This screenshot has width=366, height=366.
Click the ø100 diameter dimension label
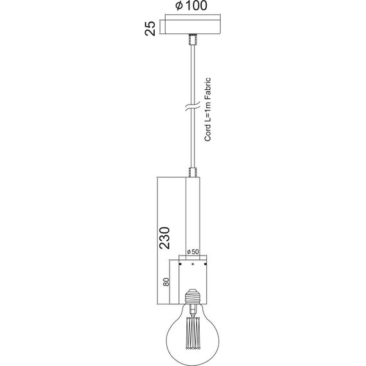pos(191,6)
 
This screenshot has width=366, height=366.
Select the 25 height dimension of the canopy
pos(150,28)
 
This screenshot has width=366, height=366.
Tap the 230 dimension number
pos(164,238)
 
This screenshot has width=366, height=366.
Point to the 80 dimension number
pos(166,282)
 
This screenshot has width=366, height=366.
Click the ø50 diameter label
pos(193,252)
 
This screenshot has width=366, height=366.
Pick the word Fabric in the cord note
pos(207,86)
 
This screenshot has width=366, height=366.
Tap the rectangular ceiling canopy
pos(193,27)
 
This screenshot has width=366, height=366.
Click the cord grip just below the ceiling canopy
pos(193,40)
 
